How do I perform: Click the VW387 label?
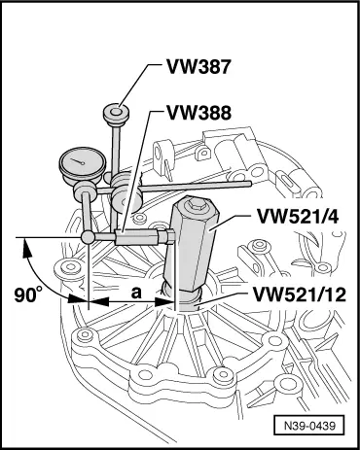[x=198, y=67]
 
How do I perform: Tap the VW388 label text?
[x=198, y=113]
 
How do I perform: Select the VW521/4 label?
[x=298, y=217]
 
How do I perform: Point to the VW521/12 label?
[x=300, y=294]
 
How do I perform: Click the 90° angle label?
[x=28, y=295]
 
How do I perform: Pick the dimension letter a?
[x=136, y=293]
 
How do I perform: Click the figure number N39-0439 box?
[x=308, y=425]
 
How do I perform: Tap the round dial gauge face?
[x=83, y=161]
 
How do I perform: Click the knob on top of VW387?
[x=117, y=115]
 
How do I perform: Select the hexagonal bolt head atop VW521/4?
[x=195, y=203]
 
